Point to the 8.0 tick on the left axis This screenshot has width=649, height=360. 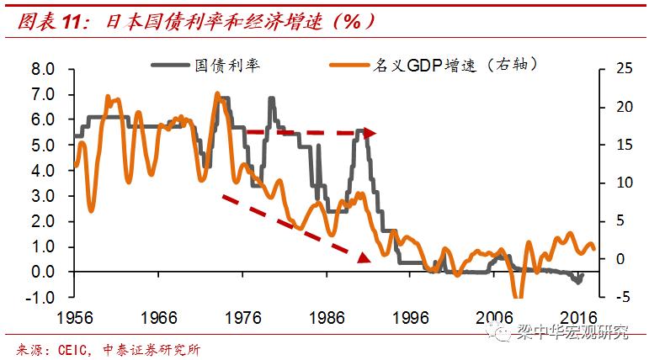point(42,69)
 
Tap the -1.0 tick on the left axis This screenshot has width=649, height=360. point(40,297)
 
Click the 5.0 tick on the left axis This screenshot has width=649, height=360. point(42,145)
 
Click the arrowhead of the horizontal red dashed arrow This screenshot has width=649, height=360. point(370,133)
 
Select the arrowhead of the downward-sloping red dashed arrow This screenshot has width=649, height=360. point(364,257)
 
